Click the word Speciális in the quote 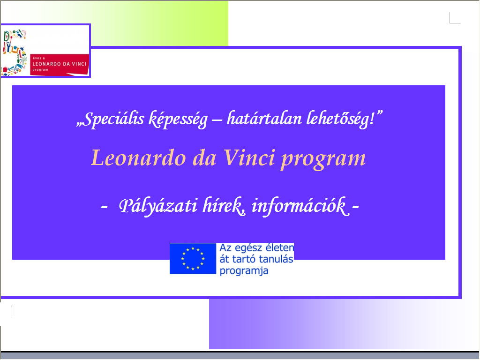[x=113, y=119]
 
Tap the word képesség [x=178, y=120]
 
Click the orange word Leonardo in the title [x=139, y=158]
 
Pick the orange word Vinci [x=248, y=158]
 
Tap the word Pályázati [x=157, y=206]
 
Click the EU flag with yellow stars [x=193, y=259]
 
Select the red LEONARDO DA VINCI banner [x=60, y=64]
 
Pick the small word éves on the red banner [x=37, y=58]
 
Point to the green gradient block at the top [x=159, y=23]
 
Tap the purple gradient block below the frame [x=343, y=324]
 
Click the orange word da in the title [x=204, y=158]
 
